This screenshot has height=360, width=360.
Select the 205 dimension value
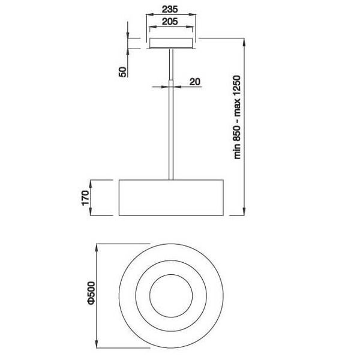172,22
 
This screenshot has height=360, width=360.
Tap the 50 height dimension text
122,71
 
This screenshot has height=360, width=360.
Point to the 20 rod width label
194,81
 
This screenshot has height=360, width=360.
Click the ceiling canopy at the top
172,44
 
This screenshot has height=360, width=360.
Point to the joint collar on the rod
172,81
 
